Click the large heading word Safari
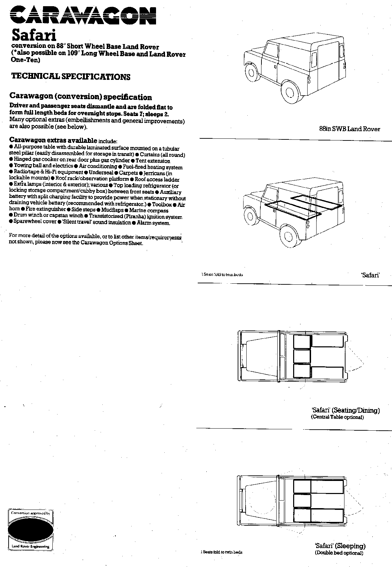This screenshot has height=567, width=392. coord(34,35)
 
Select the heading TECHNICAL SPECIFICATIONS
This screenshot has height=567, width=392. coord(71,76)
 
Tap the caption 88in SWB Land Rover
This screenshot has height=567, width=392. coord(350,129)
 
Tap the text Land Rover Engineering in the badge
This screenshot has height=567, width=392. coord(31,546)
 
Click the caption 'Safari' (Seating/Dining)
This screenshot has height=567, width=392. coord(345,410)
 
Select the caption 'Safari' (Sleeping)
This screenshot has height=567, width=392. coord(340,546)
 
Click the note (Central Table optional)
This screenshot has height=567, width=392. coord(337,417)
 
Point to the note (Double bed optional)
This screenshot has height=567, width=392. coord(339,553)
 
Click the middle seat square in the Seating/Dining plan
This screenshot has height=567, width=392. coord(302,356)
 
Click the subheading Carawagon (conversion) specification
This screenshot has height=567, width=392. coord(81,97)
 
